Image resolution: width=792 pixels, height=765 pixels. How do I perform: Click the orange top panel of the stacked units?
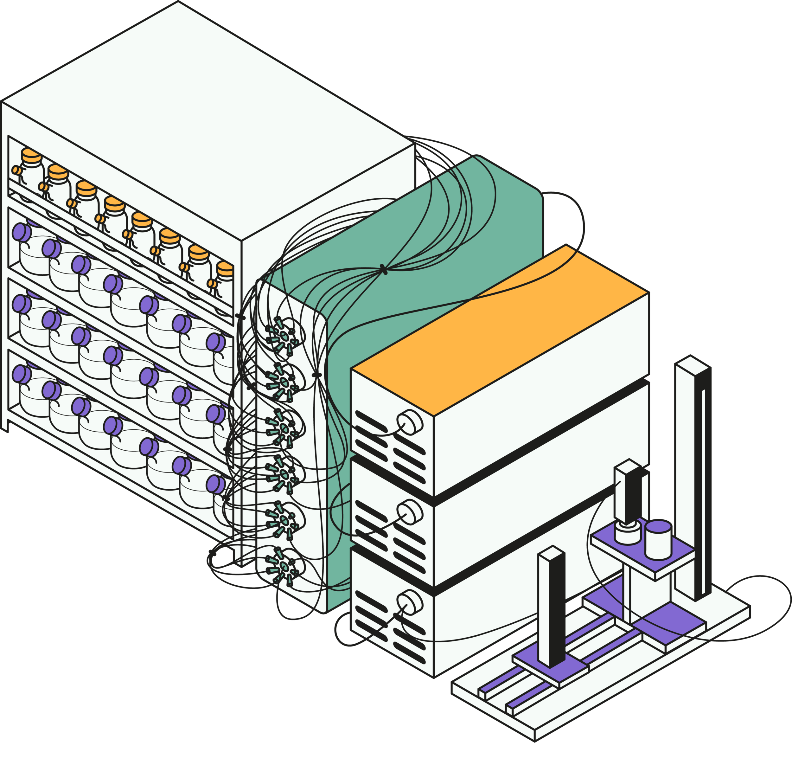pos(501,331)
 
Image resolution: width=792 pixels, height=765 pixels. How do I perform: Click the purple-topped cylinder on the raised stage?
pos(658,539)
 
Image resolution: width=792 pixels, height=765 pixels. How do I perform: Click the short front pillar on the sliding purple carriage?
pos(551,610)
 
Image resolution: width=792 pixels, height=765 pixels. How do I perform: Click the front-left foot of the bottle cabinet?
pos(5,426)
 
